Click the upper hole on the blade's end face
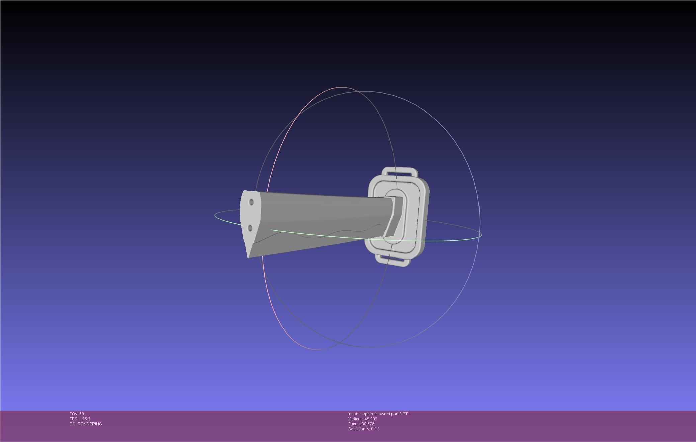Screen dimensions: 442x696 click(x=251, y=202)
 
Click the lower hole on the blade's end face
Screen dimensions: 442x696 click(x=250, y=228)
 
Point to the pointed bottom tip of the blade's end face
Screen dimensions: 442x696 click(x=248, y=256)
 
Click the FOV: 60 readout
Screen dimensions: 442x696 click(x=77, y=414)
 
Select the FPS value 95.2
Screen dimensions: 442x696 click(x=86, y=419)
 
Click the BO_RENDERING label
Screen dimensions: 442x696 click(x=86, y=424)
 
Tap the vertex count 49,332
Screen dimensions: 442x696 click(x=370, y=419)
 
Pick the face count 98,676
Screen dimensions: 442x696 click(x=368, y=424)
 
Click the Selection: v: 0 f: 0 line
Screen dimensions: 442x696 click(x=364, y=429)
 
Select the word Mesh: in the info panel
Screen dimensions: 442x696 click(x=354, y=414)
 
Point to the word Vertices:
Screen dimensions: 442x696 click(x=355, y=419)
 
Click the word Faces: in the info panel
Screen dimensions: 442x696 click(x=354, y=424)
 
